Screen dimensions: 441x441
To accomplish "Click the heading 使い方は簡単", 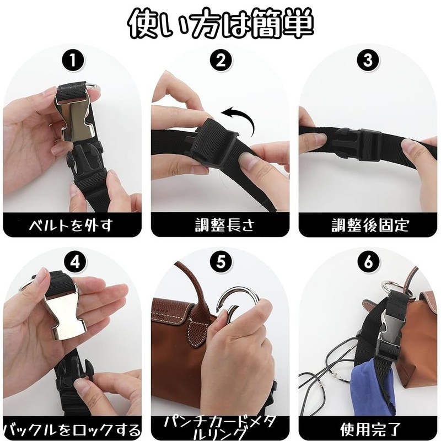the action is click(x=220, y=24).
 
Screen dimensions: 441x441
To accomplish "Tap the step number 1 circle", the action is click(x=73, y=61).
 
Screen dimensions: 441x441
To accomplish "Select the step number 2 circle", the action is click(x=221, y=61).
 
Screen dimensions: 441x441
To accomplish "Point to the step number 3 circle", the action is click(x=368, y=61).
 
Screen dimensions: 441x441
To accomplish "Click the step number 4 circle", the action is click(x=74, y=262).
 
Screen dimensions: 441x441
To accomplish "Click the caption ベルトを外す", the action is click(x=72, y=225).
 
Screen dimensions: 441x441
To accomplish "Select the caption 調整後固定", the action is click(x=370, y=225).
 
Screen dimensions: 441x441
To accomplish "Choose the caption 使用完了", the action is click(x=370, y=429).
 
